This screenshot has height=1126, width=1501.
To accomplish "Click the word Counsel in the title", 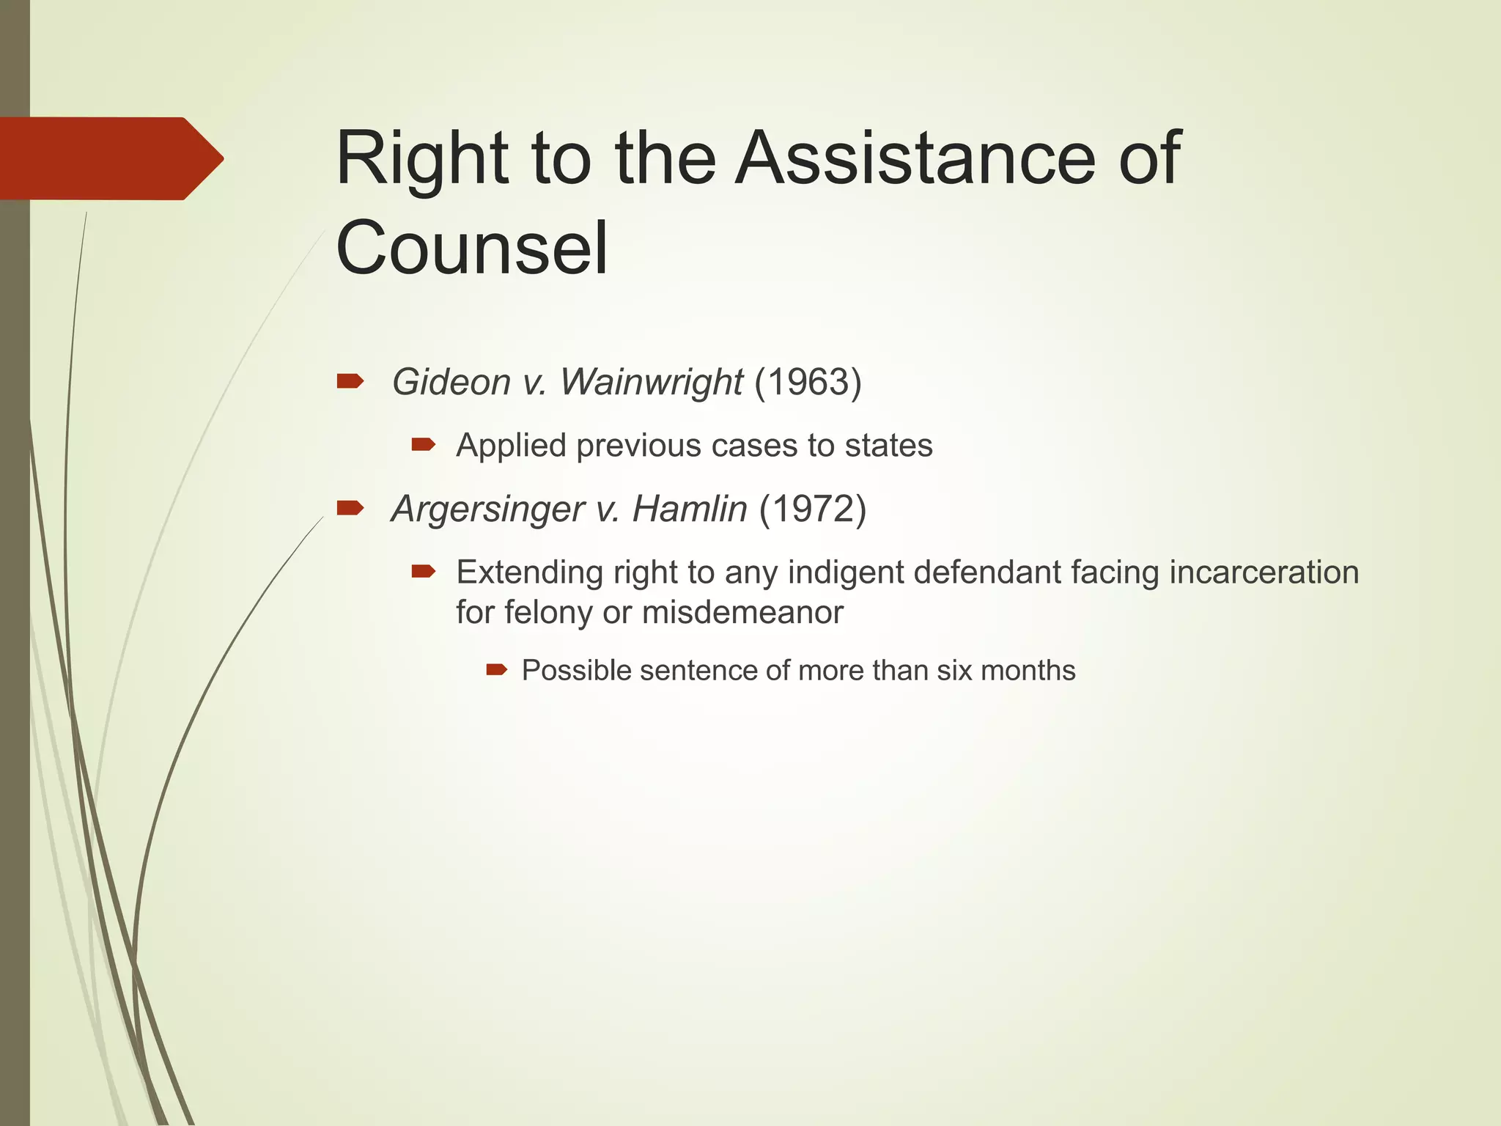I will point(471,248).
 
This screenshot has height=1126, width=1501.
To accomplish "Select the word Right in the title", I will point(421,160).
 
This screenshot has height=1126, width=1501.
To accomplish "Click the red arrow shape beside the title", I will point(110,158).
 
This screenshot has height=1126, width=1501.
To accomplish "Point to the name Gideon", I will point(451,382).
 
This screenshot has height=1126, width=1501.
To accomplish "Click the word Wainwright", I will point(652,382).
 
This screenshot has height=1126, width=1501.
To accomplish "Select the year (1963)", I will point(808,382).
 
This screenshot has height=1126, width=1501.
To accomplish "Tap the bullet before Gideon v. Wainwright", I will point(350,380).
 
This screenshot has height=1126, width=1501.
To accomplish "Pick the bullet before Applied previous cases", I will point(424,444).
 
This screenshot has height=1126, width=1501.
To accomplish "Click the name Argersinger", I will point(487,509).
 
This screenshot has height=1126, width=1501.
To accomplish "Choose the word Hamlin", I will point(689,509).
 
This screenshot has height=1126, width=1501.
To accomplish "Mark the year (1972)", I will point(812,509).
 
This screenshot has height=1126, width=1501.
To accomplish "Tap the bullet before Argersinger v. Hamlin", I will point(350,507).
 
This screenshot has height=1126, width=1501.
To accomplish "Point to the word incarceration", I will point(1264,572).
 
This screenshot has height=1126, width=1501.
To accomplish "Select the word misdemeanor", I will point(742,612).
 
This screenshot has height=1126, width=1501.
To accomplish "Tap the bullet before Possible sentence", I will point(497,669).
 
